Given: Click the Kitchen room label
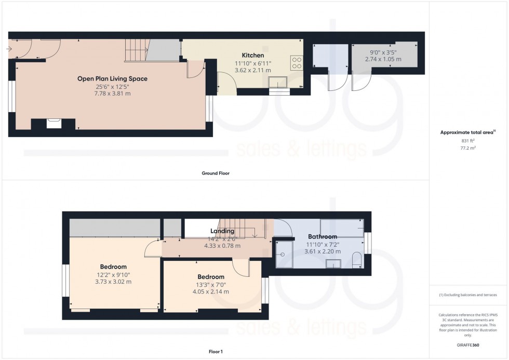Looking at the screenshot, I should pos(253,55).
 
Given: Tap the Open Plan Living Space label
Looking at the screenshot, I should pos(112,79).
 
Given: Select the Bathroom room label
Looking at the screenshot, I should pos(323,236).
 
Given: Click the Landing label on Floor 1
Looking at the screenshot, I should pos(222,231).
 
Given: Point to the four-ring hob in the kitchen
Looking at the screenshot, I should pos(297,63).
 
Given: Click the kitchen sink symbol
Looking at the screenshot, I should pos(279,82).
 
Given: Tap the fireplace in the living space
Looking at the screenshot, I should pos(54,123).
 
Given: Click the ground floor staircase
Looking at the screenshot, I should pos(137,50).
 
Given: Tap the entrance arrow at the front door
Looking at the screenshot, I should pos(10,49).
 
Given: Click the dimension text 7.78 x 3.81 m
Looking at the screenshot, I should pos(112,94).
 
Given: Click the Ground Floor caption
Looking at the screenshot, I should pos(215,173).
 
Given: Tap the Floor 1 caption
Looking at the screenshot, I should pos(215,352).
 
